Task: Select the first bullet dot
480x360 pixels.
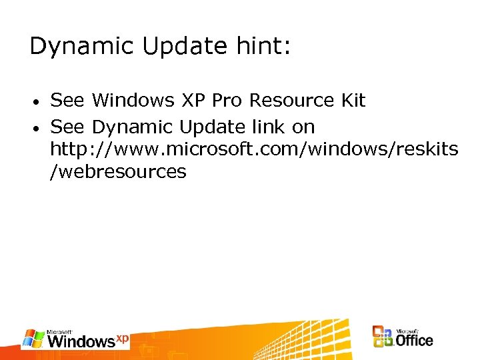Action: pyautogui.click(x=39, y=102)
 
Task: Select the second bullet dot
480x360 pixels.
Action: pyautogui.click(x=39, y=128)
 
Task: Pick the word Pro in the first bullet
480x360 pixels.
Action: pyautogui.click(x=227, y=101)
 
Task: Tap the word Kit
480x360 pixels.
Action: pyautogui.click(x=353, y=101)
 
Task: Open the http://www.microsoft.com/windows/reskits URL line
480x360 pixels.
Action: pyautogui.click(x=254, y=149)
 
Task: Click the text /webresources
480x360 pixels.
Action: pyautogui.click(x=118, y=172)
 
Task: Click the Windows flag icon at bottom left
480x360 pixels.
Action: pyautogui.click(x=33, y=339)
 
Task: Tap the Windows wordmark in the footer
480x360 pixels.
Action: pyautogui.click(x=81, y=341)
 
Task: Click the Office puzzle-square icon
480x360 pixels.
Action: pyautogui.click(x=383, y=337)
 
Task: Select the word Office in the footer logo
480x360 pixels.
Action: pyautogui.click(x=414, y=340)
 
